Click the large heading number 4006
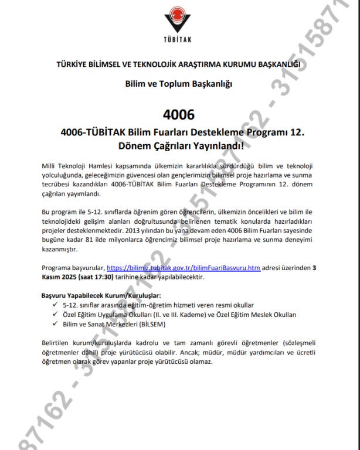coord(180,112)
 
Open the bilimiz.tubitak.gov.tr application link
coord(183,268)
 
